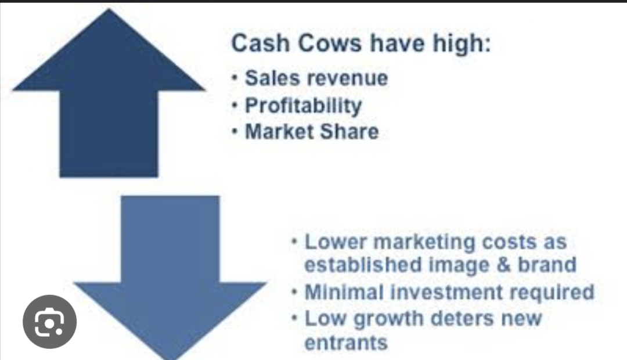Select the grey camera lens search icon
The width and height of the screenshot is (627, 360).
tap(49, 322)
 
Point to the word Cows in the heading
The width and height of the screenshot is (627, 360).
tap(330, 43)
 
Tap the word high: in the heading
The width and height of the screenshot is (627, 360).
tap(462, 44)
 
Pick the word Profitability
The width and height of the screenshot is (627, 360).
tap(303, 106)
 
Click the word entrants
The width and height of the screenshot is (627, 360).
tap(346, 343)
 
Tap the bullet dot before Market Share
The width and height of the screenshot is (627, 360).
tap(235, 131)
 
